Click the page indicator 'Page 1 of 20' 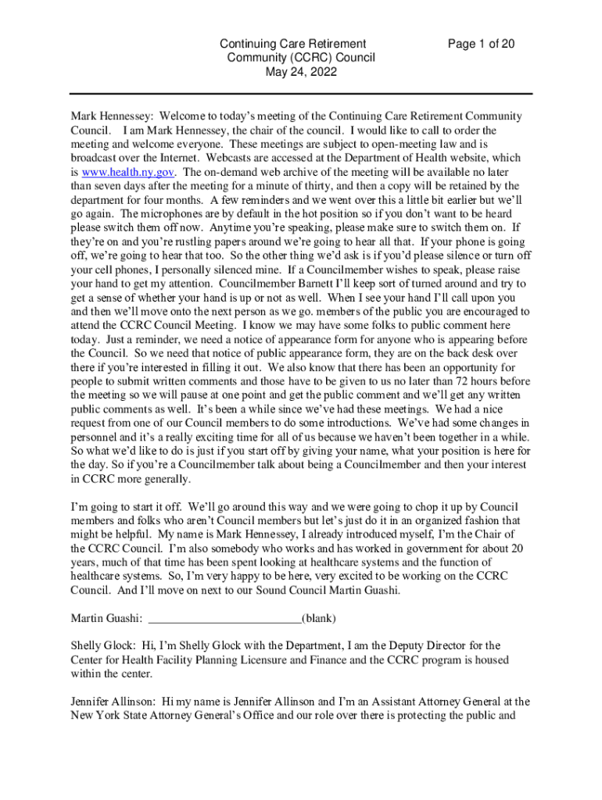point(481,44)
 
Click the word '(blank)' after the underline point(319,619)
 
